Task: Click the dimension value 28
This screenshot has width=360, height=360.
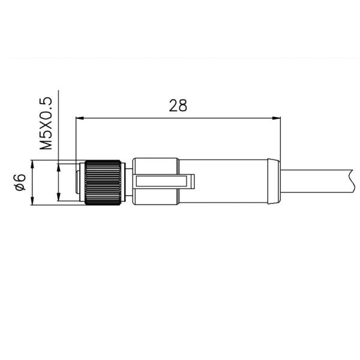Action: pos(178,106)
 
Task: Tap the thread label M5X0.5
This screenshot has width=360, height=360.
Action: pos(46,123)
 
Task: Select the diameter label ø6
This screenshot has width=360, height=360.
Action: pos(20,182)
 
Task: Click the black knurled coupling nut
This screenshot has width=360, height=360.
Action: pos(104,183)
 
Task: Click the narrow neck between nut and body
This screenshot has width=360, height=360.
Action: pos(128,182)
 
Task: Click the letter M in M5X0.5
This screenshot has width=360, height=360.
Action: pos(46,144)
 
